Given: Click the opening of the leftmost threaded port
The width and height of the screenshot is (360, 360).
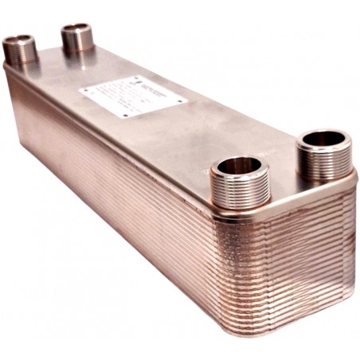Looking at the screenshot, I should (x=19, y=40).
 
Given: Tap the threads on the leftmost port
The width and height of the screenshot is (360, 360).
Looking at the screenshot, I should (x=20, y=55).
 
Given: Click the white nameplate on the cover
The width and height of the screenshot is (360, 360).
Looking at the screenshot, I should (x=132, y=97).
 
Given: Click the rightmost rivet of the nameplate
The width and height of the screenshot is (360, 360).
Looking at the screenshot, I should (x=182, y=101).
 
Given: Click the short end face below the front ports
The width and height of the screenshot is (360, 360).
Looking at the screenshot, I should (x=295, y=255).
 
